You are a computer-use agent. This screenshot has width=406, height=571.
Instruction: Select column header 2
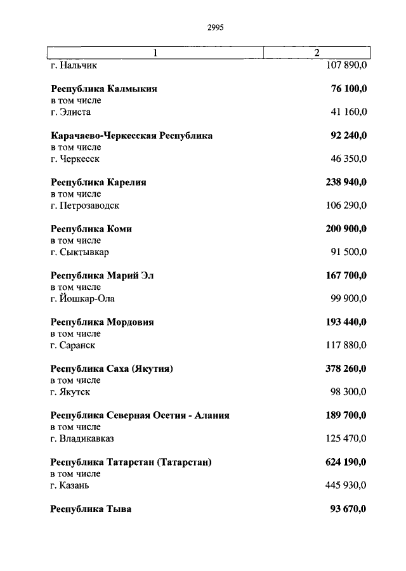pyautogui.click(x=317, y=53)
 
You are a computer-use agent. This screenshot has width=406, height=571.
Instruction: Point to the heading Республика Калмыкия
pyautogui.click(x=103, y=89)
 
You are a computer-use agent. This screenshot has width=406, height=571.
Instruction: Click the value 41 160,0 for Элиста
pyautogui.click(x=348, y=112)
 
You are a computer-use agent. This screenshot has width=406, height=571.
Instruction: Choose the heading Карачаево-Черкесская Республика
pyautogui.click(x=131, y=136)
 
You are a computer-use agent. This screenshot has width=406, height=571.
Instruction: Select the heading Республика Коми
pyautogui.click(x=91, y=229)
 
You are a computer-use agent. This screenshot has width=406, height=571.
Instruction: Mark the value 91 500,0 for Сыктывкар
pyautogui.click(x=348, y=252)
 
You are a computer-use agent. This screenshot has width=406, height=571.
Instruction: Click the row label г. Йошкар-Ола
pyautogui.click(x=82, y=299)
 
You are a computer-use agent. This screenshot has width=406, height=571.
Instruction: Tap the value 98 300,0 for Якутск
pyautogui.click(x=348, y=392)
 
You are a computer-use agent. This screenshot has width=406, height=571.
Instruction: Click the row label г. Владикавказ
pyautogui.click(x=82, y=438)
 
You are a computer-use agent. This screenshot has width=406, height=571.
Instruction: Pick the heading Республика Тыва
pyautogui.click(x=91, y=509)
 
